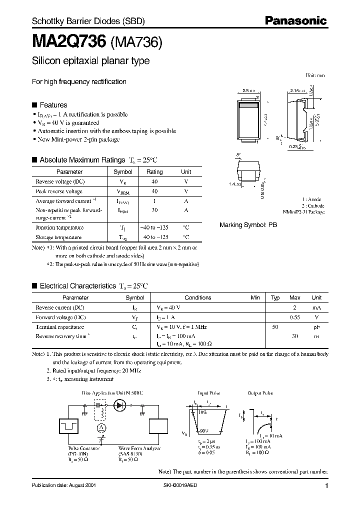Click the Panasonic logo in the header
pyautogui.click(x=295, y=20)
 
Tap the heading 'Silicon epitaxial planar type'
pyautogui.click(x=90, y=61)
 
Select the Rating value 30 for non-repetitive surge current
pyautogui.click(x=154, y=210)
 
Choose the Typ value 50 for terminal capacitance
pyautogui.click(x=274, y=327)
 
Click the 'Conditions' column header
pyautogui.click(x=198, y=297)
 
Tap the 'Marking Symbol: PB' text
pyautogui.click(x=248, y=225)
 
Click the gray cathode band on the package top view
pyautogui.click(x=248, y=105)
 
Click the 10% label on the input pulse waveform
pyautogui.click(x=202, y=413)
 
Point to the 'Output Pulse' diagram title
pyautogui.click(x=260, y=393)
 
